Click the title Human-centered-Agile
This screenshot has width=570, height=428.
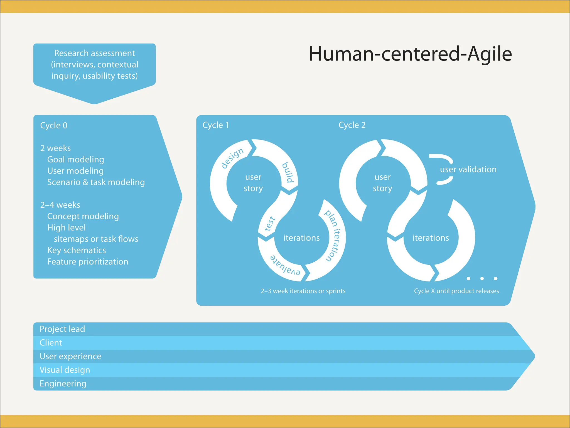tap(410, 54)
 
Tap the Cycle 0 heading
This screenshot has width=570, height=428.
tap(54, 125)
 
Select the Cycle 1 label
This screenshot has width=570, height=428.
tap(216, 125)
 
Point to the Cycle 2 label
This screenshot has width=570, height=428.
tap(352, 125)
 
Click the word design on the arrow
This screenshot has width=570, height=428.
tap(232, 158)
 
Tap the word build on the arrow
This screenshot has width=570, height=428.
tap(288, 172)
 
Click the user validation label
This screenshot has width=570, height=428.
tap(468, 169)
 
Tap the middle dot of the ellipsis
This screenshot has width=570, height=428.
tap(482, 278)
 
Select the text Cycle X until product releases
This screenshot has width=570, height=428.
tap(456, 291)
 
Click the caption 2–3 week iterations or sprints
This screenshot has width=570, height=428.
tap(303, 291)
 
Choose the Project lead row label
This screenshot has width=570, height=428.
tap(62, 329)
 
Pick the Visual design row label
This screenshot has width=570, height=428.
tap(65, 370)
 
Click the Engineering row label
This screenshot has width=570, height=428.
tap(63, 384)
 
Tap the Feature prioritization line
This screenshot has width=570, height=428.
tap(88, 262)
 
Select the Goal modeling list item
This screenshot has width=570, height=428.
tap(76, 159)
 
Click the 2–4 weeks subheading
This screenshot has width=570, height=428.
tap(60, 205)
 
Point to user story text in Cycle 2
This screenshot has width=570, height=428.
tap(382, 183)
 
